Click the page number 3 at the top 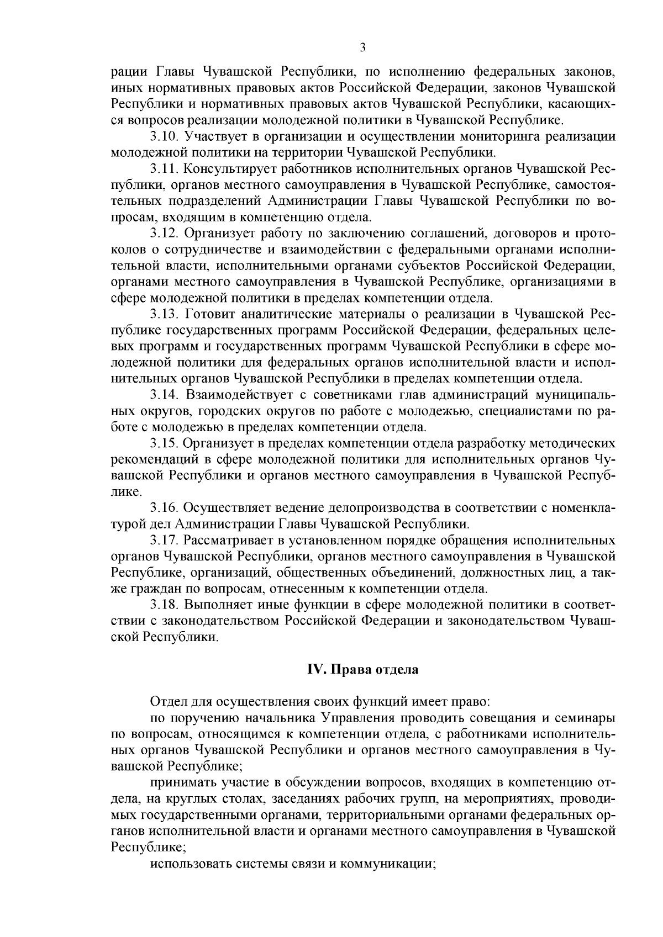click(363, 48)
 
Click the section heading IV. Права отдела click(363, 670)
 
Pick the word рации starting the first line click(127, 72)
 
